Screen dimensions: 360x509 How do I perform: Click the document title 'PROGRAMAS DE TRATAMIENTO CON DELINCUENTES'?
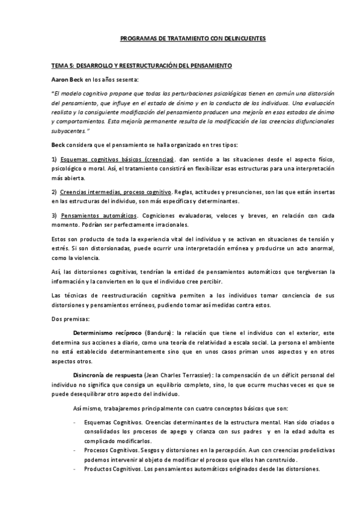tap(193, 39)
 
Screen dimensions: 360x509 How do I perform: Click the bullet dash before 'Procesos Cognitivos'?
tap(74, 450)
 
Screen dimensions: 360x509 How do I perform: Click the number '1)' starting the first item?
tap(53, 159)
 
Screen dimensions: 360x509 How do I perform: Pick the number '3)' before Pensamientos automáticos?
tap(53, 215)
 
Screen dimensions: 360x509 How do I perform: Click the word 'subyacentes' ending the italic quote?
tap(70, 130)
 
